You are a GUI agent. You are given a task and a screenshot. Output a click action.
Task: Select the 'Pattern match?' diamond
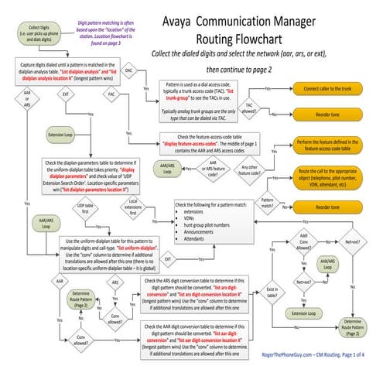(x=268, y=203)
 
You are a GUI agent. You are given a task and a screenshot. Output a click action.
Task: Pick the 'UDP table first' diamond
(x=91, y=207)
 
